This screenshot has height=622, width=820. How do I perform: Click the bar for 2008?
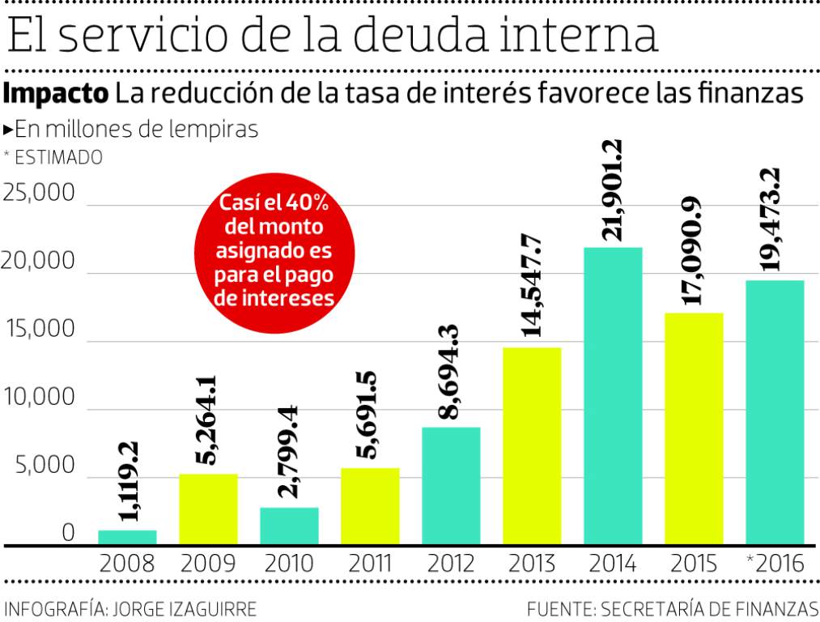127,537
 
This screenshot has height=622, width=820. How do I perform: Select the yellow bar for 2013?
532,445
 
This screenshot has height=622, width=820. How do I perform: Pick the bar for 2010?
289,526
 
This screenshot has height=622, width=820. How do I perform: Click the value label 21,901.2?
613,191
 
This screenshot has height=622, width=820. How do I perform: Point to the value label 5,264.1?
208,420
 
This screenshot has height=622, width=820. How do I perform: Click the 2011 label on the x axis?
370,564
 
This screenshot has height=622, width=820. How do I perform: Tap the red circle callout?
274,251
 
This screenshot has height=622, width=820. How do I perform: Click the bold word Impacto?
56,93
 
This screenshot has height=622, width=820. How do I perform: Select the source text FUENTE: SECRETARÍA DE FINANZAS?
673,608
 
